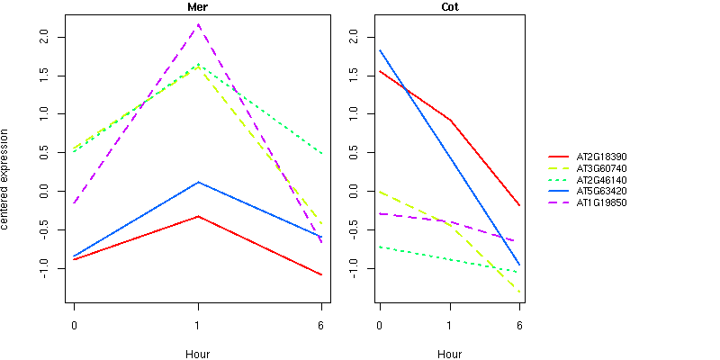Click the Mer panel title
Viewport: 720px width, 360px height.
click(197, 7)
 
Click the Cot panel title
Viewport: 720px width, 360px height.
click(449, 7)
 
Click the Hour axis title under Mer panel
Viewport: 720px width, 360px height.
click(197, 354)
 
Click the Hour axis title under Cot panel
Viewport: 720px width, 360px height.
click(449, 354)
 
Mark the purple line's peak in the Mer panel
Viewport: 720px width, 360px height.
click(198, 24)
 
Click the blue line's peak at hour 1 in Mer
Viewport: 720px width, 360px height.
click(198, 182)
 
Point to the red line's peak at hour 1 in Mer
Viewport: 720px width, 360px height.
click(198, 216)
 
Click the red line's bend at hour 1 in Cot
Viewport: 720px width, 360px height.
click(450, 120)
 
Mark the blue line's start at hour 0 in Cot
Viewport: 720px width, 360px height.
click(380, 50)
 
